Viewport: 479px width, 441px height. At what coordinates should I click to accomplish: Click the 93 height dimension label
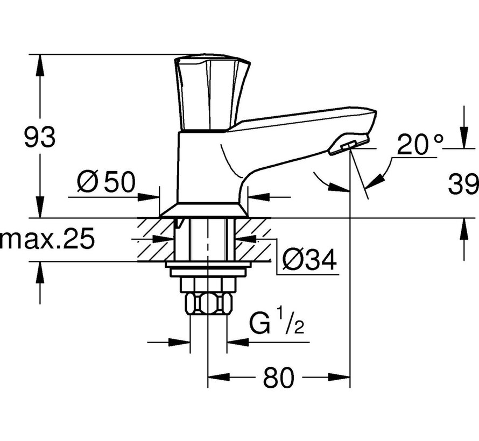pos(39,138)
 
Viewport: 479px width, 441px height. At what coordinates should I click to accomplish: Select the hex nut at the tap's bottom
pos(209,304)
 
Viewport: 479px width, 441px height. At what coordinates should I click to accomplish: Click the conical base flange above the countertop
pos(204,210)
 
